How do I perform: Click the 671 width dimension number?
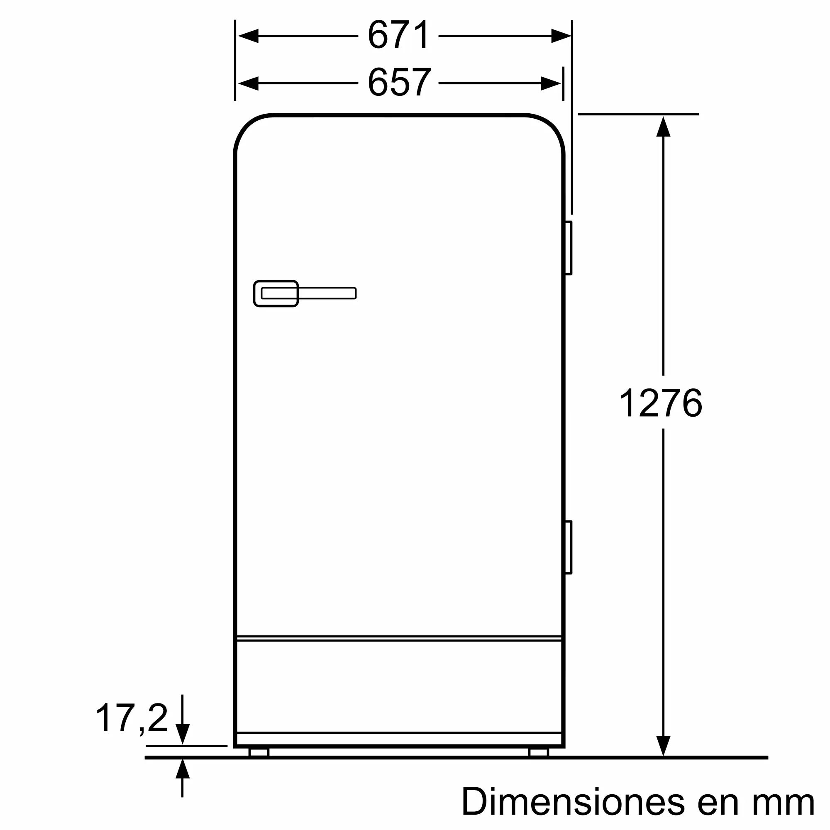click(x=399, y=35)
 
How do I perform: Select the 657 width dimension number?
click(x=399, y=83)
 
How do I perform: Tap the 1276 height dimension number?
click(x=661, y=403)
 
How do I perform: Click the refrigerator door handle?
click(x=305, y=293)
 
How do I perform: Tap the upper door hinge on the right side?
click(x=568, y=248)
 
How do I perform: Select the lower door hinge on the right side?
click(x=568, y=547)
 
